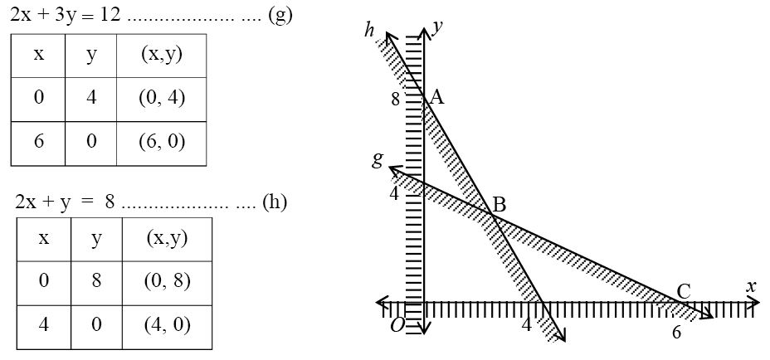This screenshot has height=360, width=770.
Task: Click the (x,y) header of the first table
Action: tap(162, 55)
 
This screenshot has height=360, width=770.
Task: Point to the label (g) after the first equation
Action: tap(280, 17)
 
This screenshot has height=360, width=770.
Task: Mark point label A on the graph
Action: tap(437, 98)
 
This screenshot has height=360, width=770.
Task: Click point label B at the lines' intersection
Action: tap(499, 204)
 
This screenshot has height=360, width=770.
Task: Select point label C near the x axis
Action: tap(683, 291)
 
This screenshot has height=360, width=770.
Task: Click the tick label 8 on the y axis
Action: tap(396, 100)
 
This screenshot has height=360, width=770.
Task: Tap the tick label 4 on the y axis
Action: tap(395, 193)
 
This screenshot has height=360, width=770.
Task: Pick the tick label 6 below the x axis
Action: tap(676, 333)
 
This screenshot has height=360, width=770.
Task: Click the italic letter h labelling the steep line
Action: tap(369, 31)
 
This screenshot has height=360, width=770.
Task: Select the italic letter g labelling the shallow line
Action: tap(378, 159)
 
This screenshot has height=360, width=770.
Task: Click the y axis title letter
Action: tap(438, 27)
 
